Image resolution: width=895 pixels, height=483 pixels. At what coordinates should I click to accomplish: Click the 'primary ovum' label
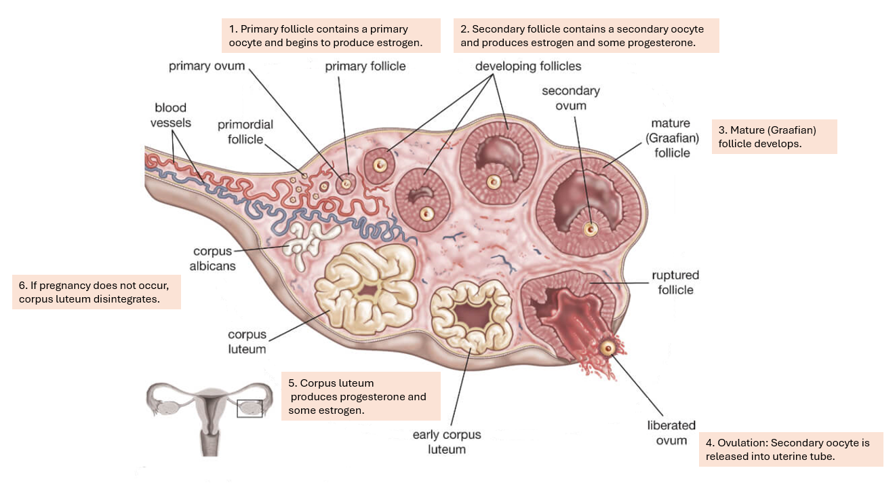(x=206, y=66)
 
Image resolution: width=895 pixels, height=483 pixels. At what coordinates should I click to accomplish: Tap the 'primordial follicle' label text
(x=245, y=132)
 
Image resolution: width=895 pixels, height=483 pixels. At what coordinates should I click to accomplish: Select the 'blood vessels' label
(x=170, y=115)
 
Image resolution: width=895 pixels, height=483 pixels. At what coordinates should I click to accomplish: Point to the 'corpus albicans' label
(x=212, y=258)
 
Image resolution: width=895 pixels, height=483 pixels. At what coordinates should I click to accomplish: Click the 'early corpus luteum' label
(x=447, y=442)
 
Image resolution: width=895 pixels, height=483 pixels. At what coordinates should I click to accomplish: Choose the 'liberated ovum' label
(x=671, y=433)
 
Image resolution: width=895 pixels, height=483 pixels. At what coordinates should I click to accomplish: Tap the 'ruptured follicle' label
(x=675, y=283)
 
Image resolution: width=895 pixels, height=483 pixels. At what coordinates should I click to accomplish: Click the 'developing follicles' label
(x=528, y=66)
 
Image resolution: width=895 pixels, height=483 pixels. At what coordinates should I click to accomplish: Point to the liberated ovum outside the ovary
(x=608, y=348)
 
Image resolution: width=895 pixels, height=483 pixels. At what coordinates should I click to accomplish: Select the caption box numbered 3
(x=774, y=137)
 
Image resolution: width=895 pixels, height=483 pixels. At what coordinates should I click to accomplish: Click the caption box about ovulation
(x=791, y=449)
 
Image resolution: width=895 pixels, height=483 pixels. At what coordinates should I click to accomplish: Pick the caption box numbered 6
(x=96, y=292)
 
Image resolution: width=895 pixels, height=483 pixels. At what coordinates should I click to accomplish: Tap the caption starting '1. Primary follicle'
(x=332, y=36)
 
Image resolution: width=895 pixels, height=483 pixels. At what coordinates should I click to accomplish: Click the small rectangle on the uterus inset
(x=249, y=408)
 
